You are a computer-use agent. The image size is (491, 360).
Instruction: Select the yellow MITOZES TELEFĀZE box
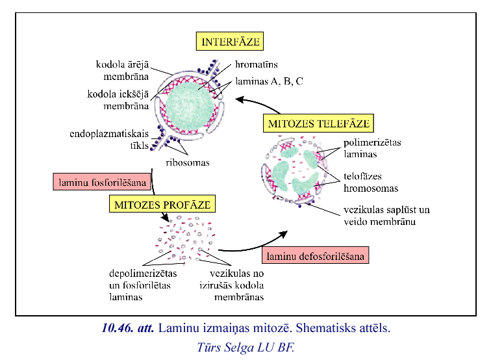[318, 123]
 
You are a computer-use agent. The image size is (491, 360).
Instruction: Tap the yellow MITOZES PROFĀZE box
[162, 205]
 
